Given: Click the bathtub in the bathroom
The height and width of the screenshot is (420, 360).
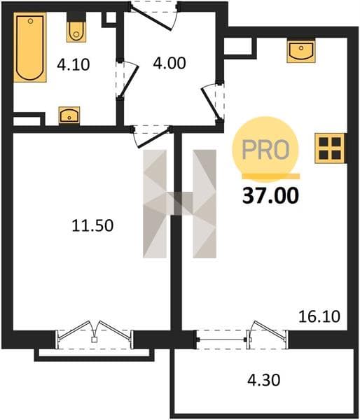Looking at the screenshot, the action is (x=30, y=47).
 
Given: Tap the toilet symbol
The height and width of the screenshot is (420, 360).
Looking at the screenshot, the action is (x=76, y=31).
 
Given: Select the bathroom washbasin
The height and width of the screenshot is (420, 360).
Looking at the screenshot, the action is (x=69, y=115).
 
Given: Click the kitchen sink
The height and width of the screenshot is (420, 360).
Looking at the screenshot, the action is (x=300, y=51).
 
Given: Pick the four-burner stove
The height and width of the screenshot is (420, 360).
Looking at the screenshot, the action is (x=330, y=148).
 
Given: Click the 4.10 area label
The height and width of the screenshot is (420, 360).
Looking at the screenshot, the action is (x=73, y=65).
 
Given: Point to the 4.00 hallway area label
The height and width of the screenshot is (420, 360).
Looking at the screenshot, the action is (x=169, y=64).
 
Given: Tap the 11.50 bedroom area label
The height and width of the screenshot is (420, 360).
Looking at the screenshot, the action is (x=92, y=225).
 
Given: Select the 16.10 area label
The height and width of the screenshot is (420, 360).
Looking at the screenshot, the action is (x=319, y=316).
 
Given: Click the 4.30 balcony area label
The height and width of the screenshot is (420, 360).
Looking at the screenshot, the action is (x=264, y=380).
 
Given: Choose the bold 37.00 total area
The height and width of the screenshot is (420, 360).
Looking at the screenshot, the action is (x=270, y=195).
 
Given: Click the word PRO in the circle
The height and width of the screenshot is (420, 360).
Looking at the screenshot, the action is (x=265, y=149).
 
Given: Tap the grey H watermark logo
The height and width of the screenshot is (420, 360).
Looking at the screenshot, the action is (x=179, y=204).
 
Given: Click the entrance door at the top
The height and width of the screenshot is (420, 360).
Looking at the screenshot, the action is (x=154, y=17).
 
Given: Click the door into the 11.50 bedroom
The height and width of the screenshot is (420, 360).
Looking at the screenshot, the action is (x=151, y=136).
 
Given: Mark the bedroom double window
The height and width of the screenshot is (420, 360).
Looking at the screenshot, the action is (x=95, y=335).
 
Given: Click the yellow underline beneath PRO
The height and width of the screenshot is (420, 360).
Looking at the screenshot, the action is (x=271, y=176).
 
